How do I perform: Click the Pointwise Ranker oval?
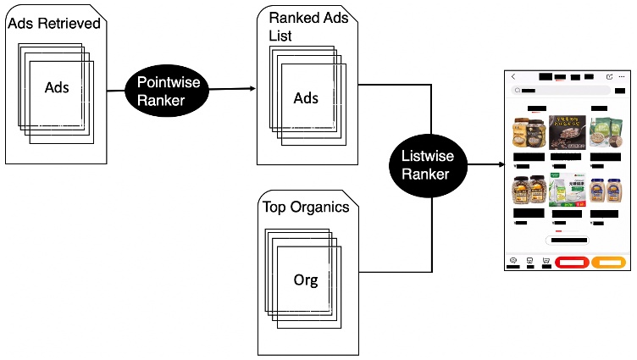pyautogui.click(x=167, y=89)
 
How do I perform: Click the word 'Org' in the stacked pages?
pyautogui.click(x=306, y=280)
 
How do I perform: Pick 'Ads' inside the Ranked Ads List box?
pyautogui.click(x=306, y=98)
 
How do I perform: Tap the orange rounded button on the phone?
pyautogui.click(x=609, y=262)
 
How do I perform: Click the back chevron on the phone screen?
pyautogui.click(x=512, y=77)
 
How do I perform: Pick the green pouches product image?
pyautogui.click(x=604, y=133)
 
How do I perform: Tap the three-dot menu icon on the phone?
pyautogui.click(x=621, y=77)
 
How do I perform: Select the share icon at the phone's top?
pyautogui.click(x=609, y=77)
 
